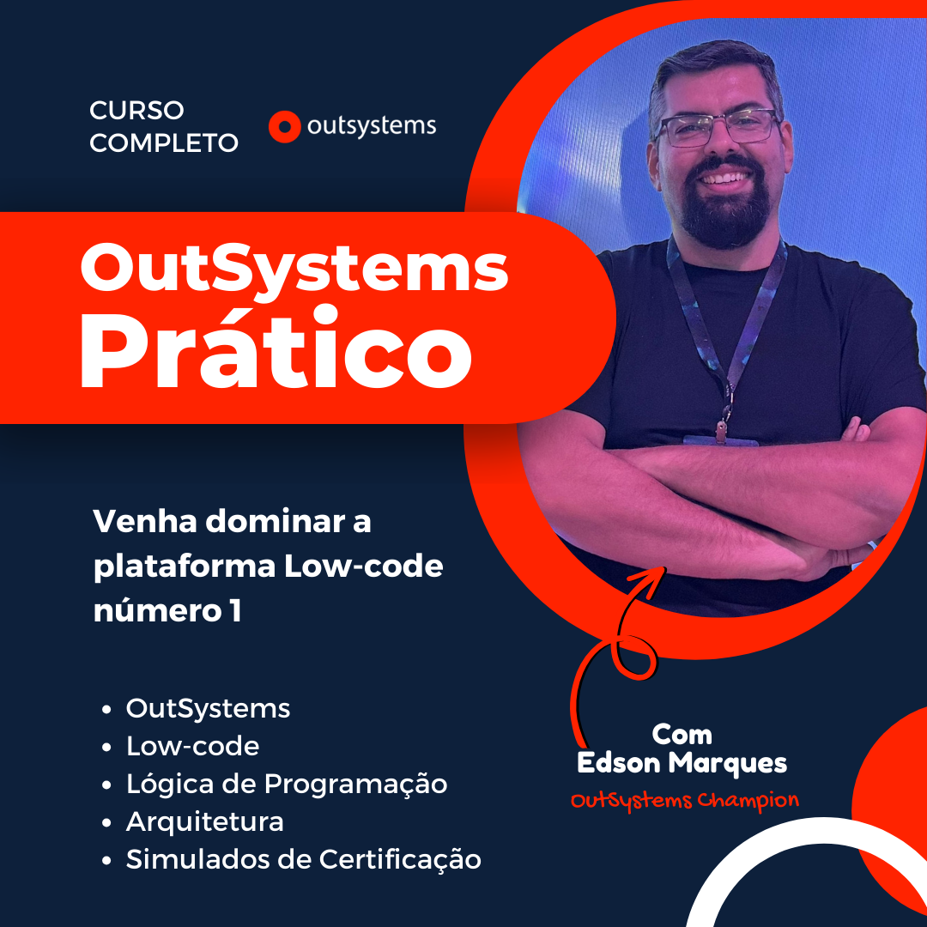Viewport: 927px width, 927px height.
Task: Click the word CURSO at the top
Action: [136, 111]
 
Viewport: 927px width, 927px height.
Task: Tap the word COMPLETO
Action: [164, 143]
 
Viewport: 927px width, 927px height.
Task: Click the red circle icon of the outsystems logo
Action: [284, 127]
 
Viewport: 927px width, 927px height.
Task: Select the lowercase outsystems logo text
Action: [372, 127]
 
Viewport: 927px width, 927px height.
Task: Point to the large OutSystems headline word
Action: [294, 266]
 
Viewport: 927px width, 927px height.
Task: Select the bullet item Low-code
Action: [192, 747]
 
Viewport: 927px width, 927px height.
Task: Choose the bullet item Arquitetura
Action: [205, 821]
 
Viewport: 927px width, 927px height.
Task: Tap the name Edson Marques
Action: [682, 762]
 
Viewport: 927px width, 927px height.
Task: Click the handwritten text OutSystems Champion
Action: [684, 801]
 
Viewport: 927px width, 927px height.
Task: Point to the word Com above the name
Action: [682, 735]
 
